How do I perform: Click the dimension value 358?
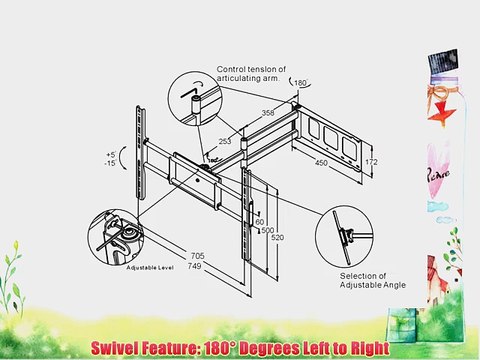pyautogui.click(x=267, y=113)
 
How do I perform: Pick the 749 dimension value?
pyautogui.click(x=196, y=266)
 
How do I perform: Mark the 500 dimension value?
pyautogui.click(x=267, y=229)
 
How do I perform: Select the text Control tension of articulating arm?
pyautogui.click(x=252, y=75)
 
